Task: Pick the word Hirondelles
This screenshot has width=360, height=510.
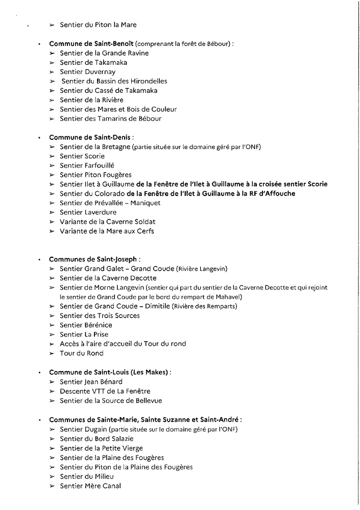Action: [x=146, y=81]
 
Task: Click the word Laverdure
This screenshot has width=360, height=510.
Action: [x=101, y=212]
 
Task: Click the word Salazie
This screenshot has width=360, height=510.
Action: [x=121, y=439]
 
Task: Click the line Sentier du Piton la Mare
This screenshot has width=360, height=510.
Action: [x=98, y=25]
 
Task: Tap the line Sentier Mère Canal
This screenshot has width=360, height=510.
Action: [x=90, y=486]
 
